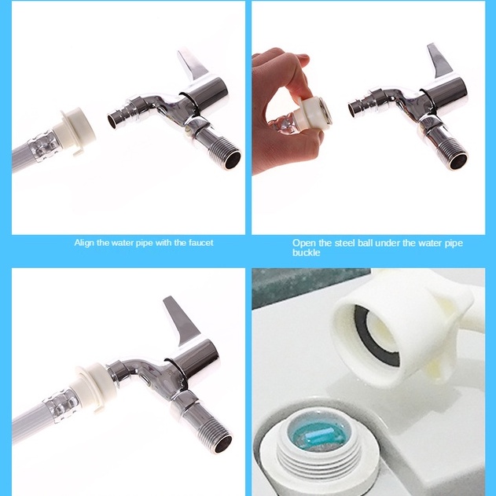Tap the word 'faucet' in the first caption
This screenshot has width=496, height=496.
201,243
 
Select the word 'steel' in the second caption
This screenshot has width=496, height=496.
344,243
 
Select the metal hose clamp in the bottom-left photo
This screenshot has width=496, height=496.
61,406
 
